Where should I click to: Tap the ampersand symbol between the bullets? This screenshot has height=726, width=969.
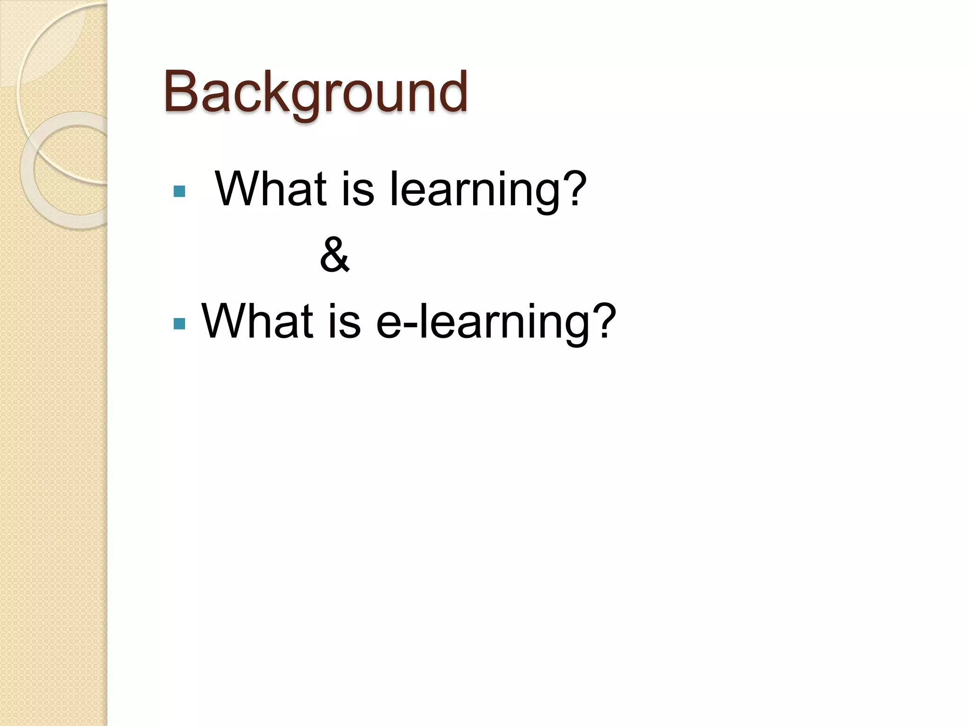click(x=335, y=255)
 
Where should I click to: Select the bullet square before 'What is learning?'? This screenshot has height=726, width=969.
click(x=179, y=191)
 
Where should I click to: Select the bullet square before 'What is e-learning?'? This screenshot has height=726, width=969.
click(x=179, y=323)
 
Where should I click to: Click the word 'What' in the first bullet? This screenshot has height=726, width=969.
click(x=271, y=189)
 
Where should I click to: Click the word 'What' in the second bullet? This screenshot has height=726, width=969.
click(x=257, y=321)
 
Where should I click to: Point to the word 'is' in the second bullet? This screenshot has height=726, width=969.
click(x=344, y=321)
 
